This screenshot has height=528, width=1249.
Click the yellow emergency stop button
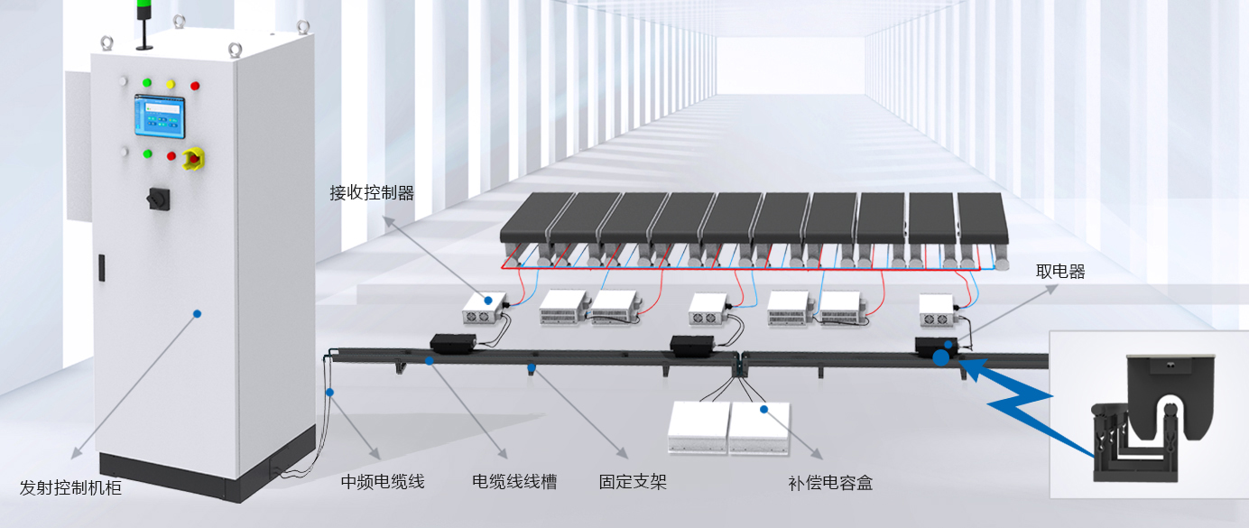pyautogui.click(x=192, y=160)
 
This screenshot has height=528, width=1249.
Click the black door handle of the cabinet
pyautogui.click(x=100, y=267)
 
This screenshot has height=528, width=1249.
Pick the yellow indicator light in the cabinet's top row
pyautogui.click(x=170, y=84)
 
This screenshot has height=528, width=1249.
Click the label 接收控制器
pyautogui.click(x=372, y=192)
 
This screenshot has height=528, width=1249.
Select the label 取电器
pyautogui.click(x=1060, y=272)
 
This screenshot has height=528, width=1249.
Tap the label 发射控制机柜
pyautogui.click(x=70, y=488)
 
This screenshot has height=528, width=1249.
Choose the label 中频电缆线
pyautogui.click(x=382, y=482)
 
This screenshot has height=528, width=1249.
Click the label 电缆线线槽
pyautogui.click(x=514, y=482)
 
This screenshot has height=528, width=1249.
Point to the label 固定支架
pyautogui.click(x=634, y=482)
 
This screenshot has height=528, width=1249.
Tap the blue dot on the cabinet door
pyautogui.click(x=197, y=313)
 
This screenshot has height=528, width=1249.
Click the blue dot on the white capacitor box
pyautogui.click(x=763, y=409)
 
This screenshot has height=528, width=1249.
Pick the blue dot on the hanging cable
pyautogui.click(x=330, y=392)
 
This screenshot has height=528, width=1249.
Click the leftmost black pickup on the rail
pyautogui.click(x=453, y=342)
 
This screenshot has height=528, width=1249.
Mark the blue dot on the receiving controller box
pyautogui.click(x=487, y=301)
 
